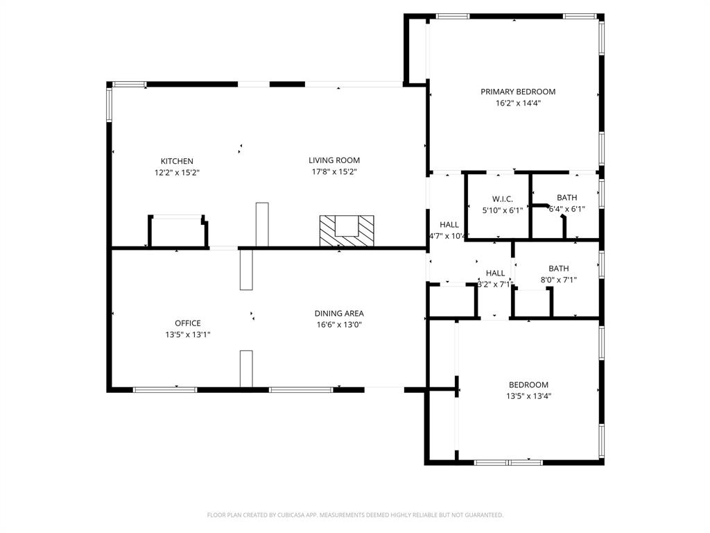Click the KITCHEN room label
click(x=177, y=161)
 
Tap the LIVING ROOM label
click(x=334, y=160)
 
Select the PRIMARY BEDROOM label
click(x=518, y=92)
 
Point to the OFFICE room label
click(x=187, y=323)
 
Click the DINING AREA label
click(x=339, y=313)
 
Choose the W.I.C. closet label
click(x=502, y=199)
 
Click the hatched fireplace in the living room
click(x=346, y=231)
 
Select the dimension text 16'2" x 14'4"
click(x=518, y=103)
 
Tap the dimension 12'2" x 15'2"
click(x=177, y=172)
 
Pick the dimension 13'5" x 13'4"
click(x=528, y=396)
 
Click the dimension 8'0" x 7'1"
click(x=559, y=280)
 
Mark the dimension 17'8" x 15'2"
click(x=334, y=171)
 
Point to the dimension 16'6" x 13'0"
click(x=339, y=324)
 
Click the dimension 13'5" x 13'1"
click(x=187, y=335)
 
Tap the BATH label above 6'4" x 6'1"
click(x=566, y=198)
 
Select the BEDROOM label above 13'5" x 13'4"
click(x=528, y=385)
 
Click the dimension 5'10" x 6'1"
click(x=502, y=210)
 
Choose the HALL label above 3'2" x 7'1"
click(x=495, y=273)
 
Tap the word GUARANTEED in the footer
click(x=482, y=515)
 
